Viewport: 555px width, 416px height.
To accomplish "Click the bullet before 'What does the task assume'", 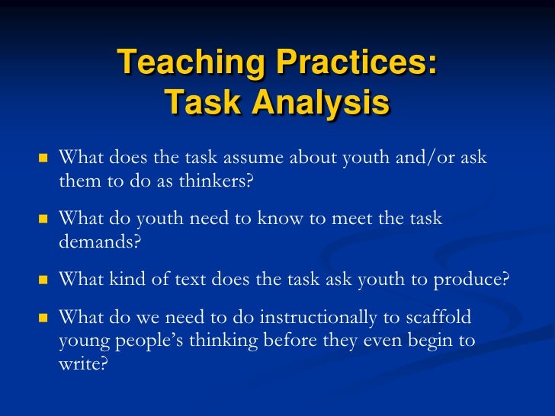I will (x=43, y=158).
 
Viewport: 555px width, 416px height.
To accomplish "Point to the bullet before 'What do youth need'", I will (x=43, y=219).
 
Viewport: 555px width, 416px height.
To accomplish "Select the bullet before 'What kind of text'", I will (x=43, y=279).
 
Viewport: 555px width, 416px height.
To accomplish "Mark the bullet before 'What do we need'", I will (x=43, y=315).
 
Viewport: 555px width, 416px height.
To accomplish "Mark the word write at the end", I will (x=82, y=363).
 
